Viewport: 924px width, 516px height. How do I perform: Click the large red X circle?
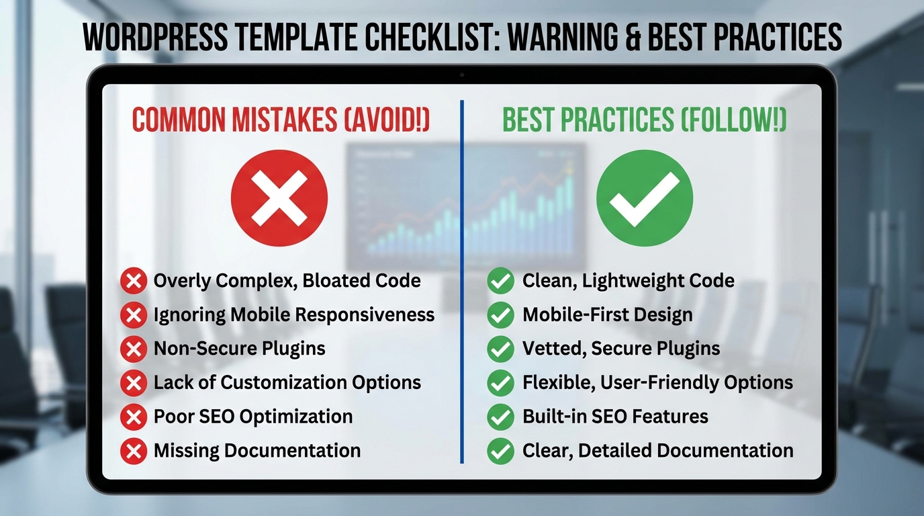pyautogui.click(x=279, y=198)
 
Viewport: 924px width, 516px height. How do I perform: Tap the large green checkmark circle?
pyautogui.click(x=644, y=198)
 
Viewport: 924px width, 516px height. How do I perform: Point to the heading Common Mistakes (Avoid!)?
pyautogui.click(x=281, y=120)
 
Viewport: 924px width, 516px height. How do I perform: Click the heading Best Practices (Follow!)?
pyautogui.click(x=645, y=120)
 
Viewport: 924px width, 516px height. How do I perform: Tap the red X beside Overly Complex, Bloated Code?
pyautogui.click(x=134, y=281)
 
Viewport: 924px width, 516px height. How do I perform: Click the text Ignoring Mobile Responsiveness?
pyautogui.click(x=293, y=314)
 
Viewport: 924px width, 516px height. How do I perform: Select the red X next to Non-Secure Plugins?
pyautogui.click(x=134, y=349)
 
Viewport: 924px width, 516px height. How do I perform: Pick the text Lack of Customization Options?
pyautogui.click(x=287, y=382)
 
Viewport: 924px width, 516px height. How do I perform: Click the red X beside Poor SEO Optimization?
pyautogui.click(x=134, y=417)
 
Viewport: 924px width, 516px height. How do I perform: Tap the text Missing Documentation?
pyautogui.click(x=257, y=450)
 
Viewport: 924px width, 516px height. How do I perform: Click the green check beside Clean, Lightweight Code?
pyautogui.click(x=500, y=281)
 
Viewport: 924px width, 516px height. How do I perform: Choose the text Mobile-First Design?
pyautogui.click(x=607, y=314)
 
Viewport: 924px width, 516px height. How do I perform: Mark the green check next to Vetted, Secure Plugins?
pyautogui.click(x=500, y=349)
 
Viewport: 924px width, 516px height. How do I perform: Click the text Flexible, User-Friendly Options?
pyautogui.click(x=657, y=382)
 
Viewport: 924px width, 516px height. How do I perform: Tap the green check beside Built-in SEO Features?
pyautogui.click(x=500, y=417)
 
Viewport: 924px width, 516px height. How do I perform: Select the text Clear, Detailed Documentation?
pyautogui.click(x=657, y=450)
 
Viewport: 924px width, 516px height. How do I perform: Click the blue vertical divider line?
pyautogui.click(x=462, y=282)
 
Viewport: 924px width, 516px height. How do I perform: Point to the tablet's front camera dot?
pyautogui.click(x=462, y=74)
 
